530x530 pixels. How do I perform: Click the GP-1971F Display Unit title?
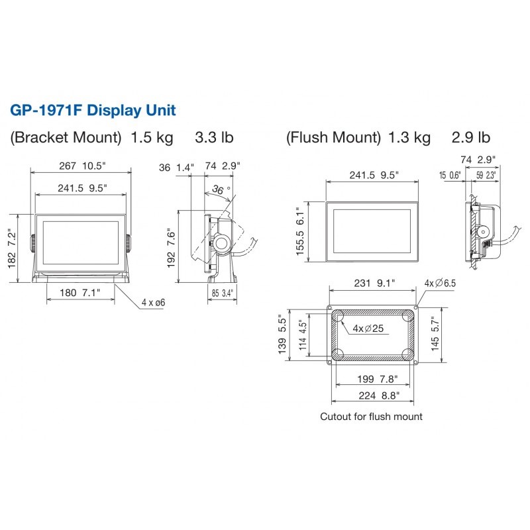tap(93, 111)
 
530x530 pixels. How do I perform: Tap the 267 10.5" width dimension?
tap(82, 166)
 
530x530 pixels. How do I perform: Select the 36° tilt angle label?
tap(221, 189)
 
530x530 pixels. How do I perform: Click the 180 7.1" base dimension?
tap(80, 293)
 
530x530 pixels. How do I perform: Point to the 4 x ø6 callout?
tap(154, 303)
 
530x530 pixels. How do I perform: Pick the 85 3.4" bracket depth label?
tap(223, 293)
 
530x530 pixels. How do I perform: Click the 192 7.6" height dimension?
tap(172, 248)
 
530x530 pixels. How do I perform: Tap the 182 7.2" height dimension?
tap(12, 249)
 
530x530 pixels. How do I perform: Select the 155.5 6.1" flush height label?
tap(300, 231)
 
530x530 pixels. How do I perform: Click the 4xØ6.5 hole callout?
tap(440, 283)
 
